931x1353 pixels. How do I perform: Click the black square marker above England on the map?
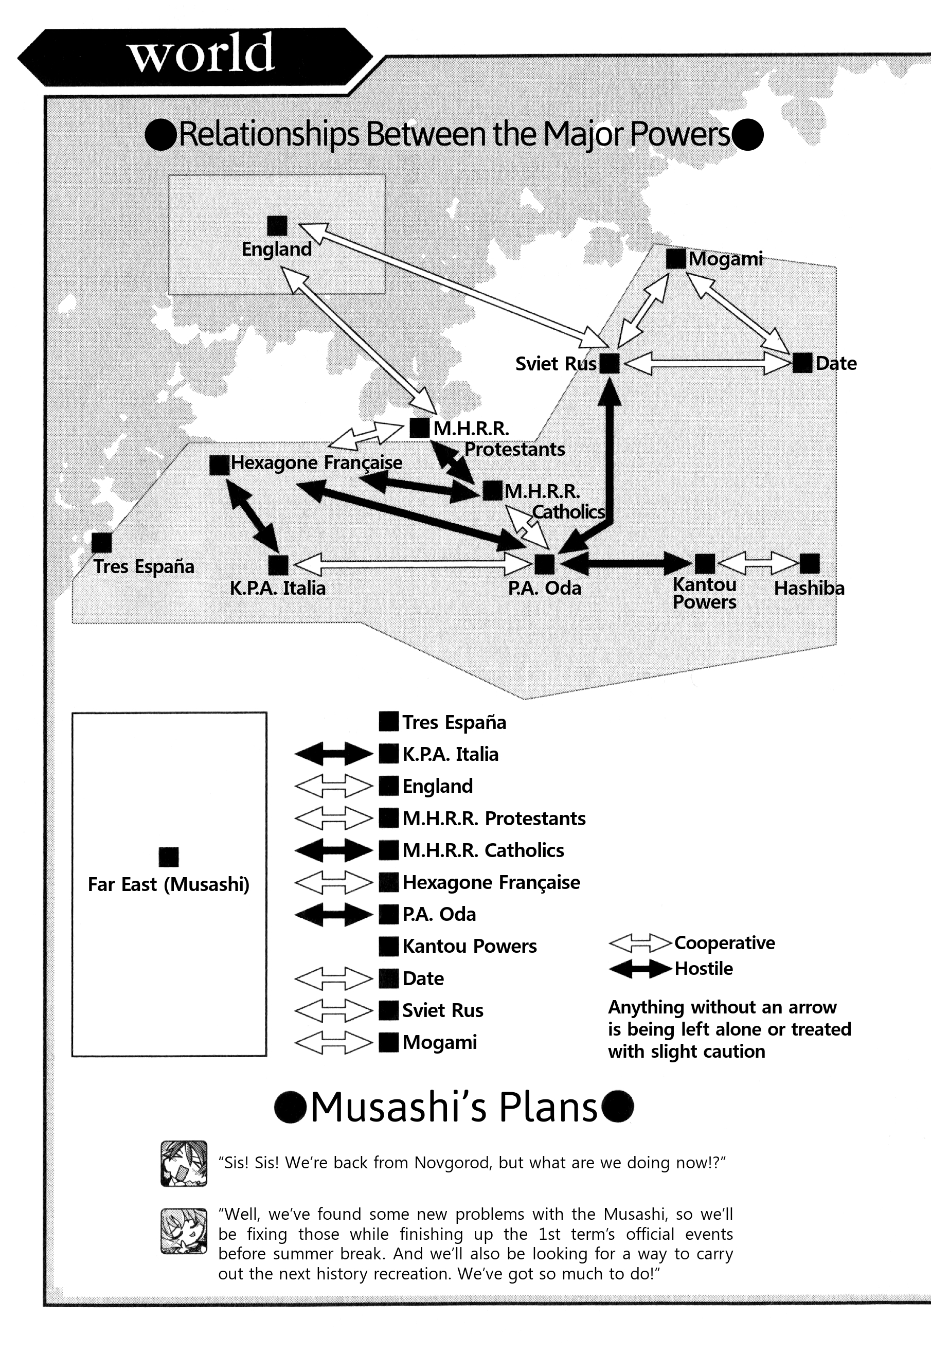(x=277, y=226)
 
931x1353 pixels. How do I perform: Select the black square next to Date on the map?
(x=803, y=363)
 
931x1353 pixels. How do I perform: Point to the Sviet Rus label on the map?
(x=556, y=364)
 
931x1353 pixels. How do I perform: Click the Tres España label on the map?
(x=144, y=566)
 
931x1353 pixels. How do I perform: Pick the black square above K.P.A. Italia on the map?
(x=278, y=565)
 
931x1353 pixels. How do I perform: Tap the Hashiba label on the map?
(x=809, y=588)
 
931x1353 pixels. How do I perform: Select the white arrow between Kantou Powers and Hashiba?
(x=757, y=564)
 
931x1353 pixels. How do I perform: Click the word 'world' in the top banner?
(x=201, y=54)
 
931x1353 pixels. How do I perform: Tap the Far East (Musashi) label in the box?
(x=169, y=885)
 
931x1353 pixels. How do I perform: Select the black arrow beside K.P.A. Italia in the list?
(x=334, y=754)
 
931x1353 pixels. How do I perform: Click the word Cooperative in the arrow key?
(x=725, y=943)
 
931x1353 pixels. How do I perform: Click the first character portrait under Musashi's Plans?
(x=184, y=1163)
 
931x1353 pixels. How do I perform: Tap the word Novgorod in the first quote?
(x=453, y=1163)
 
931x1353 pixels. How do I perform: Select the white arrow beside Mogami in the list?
(x=334, y=1043)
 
